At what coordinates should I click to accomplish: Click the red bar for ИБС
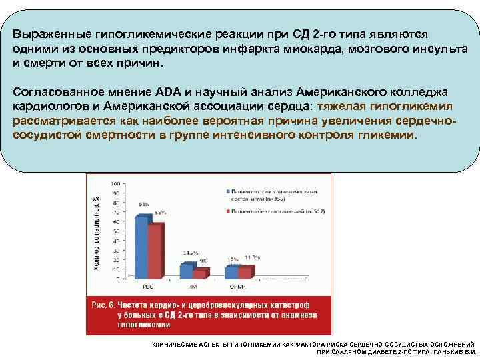155,251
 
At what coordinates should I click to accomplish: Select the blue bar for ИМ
186,271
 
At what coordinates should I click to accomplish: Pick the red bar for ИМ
199,273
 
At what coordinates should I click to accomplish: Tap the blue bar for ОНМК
231,272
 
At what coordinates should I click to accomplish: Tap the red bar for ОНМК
244,272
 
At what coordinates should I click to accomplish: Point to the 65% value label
143,203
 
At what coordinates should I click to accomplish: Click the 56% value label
160,212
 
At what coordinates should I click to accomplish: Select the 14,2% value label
190,254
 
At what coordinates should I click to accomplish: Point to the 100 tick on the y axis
116,183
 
